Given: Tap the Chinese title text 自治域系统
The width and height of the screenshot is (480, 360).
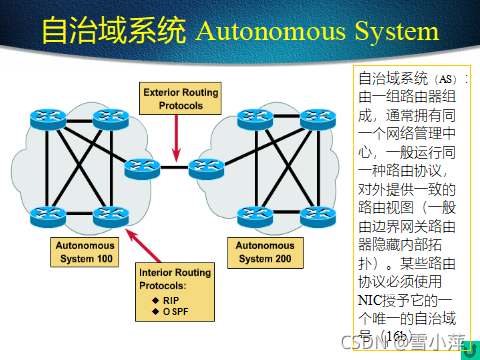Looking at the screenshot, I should point(113,31).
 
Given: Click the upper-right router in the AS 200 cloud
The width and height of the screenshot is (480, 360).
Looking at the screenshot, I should point(320,118).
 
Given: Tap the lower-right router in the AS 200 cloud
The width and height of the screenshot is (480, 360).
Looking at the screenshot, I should point(320,214).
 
